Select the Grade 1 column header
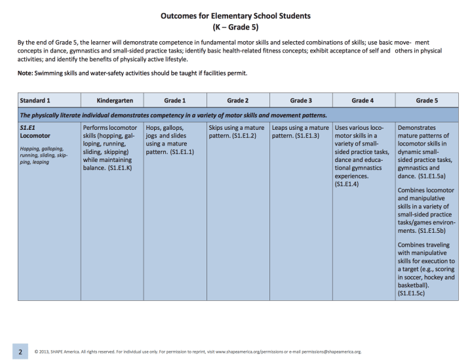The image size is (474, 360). pyautogui.click(x=174, y=101)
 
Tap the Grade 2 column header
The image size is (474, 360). pyautogui.click(x=237, y=101)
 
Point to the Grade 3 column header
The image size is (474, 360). pyautogui.click(x=300, y=101)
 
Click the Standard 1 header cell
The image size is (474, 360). pyautogui.click(x=35, y=101)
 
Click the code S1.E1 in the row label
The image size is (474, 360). pyautogui.click(x=28, y=127)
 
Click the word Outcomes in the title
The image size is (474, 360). pyautogui.click(x=180, y=15)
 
